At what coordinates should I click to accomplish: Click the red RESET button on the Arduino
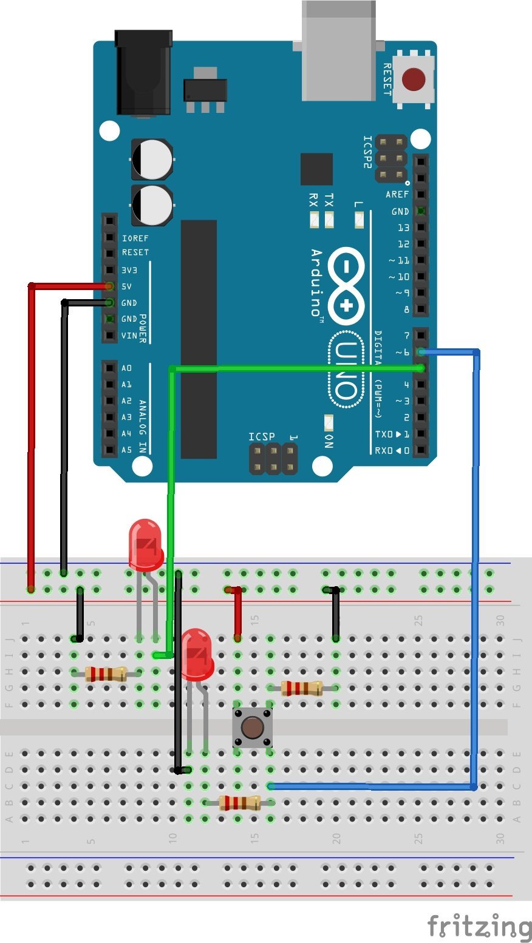pyautogui.click(x=414, y=78)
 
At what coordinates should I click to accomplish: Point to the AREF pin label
pyautogui.click(x=397, y=195)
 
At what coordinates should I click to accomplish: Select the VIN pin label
pyautogui.click(x=129, y=336)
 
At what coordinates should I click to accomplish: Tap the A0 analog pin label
pyautogui.click(x=126, y=368)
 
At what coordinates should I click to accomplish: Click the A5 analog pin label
pyautogui.click(x=126, y=450)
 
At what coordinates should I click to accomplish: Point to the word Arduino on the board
pyautogui.click(x=316, y=283)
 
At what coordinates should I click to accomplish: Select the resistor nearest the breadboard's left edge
pyautogui.click(x=106, y=674)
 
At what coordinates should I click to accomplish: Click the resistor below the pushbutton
pyautogui.click(x=239, y=803)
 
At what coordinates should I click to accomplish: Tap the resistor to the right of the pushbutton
pyautogui.click(x=302, y=688)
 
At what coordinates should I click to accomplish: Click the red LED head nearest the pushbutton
pyautogui.click(x=197, y=654)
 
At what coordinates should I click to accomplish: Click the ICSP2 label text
pyautogui.click(x=368, y=152)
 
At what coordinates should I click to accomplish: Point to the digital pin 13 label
pyautogui.click(x=403, y=228)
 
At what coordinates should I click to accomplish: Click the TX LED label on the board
pyautogui.click(x=329, y=200)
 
